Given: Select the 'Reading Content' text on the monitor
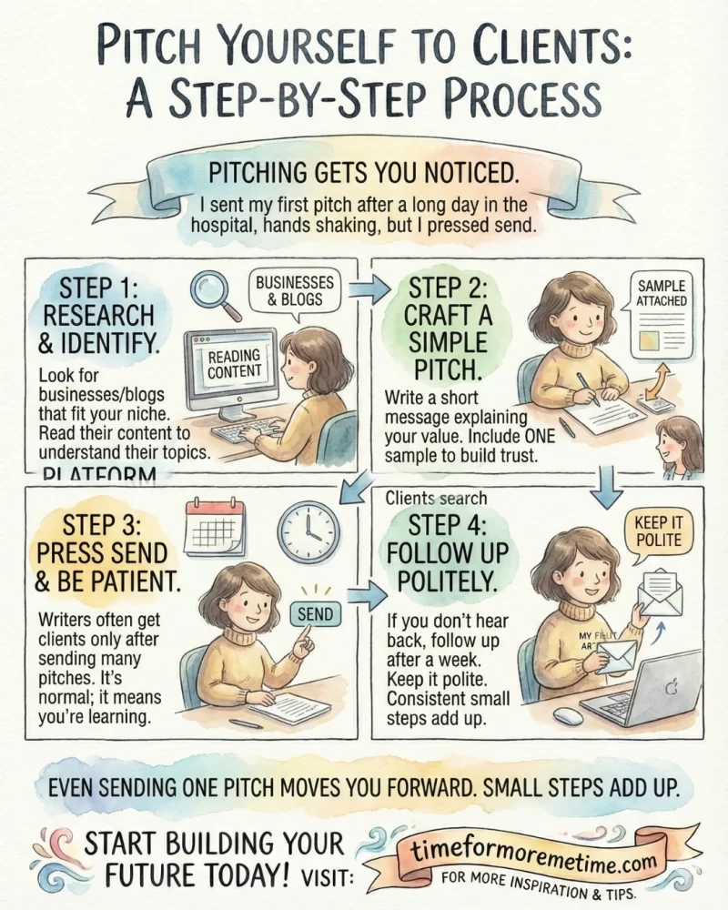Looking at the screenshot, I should [234, 363].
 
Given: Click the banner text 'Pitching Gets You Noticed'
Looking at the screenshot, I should [363, 172].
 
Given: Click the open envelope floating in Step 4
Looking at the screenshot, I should [660, 591].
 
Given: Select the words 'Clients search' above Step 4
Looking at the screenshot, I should [436, 498].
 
